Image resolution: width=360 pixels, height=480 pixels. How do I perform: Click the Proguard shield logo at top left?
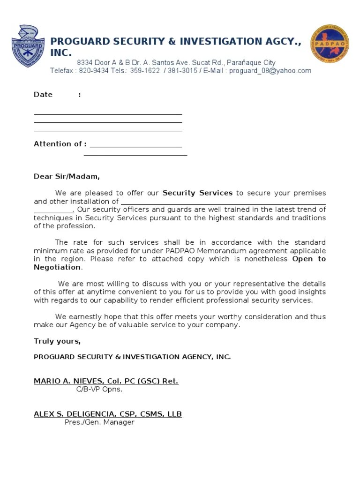(28, 45)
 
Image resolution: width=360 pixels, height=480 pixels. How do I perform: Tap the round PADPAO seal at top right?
(330, 44)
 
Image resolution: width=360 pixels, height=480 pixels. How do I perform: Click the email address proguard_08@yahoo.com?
(270, 71)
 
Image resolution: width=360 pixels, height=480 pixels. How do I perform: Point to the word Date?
(43, 95)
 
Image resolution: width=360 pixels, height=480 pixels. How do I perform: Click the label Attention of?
(60, 144)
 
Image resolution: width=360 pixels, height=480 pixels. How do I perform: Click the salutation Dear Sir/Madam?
(67, 177)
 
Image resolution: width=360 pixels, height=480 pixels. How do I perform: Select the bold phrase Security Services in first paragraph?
(197, 193)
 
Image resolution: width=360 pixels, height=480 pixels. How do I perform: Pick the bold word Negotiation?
(57, 267)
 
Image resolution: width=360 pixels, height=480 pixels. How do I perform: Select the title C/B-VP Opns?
(99, 389)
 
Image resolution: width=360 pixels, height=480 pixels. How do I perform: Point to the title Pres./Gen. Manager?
(99, 422)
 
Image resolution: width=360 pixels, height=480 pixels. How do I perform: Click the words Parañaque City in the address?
(252, 62)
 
